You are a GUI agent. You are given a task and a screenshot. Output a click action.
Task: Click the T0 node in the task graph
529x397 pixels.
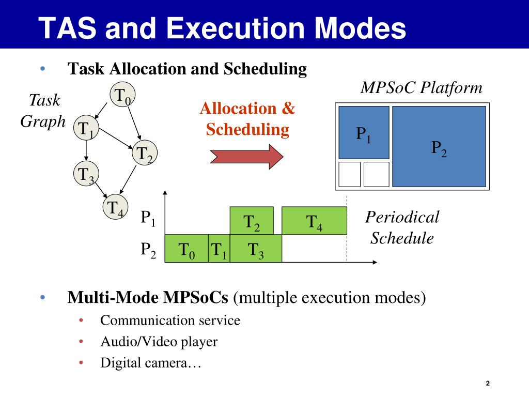point(121,97)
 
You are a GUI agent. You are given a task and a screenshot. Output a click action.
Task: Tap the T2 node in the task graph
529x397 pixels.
point(144,154)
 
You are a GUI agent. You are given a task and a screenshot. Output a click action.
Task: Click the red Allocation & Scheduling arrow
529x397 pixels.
point(246,155)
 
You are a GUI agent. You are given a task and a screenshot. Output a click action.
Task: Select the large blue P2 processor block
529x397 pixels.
point(439,146)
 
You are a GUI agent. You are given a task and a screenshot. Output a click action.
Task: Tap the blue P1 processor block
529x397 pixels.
point(364,132)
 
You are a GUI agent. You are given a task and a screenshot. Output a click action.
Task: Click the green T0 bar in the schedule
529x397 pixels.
point(186,249)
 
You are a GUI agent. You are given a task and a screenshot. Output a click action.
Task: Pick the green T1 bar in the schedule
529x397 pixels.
point(219,249)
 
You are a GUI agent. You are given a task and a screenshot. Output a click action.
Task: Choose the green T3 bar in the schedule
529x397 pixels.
point(256,249)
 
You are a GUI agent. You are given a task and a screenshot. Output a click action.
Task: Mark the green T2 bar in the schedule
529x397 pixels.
point(252,221)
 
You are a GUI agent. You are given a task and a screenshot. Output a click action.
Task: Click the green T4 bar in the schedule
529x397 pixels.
point(314,221)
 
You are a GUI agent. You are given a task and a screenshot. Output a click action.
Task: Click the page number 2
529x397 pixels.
point(487,383)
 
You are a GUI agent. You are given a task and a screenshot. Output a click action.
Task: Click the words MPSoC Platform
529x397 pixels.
point(421,88)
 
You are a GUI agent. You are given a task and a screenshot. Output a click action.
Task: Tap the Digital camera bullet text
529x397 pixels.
point(150,363)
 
